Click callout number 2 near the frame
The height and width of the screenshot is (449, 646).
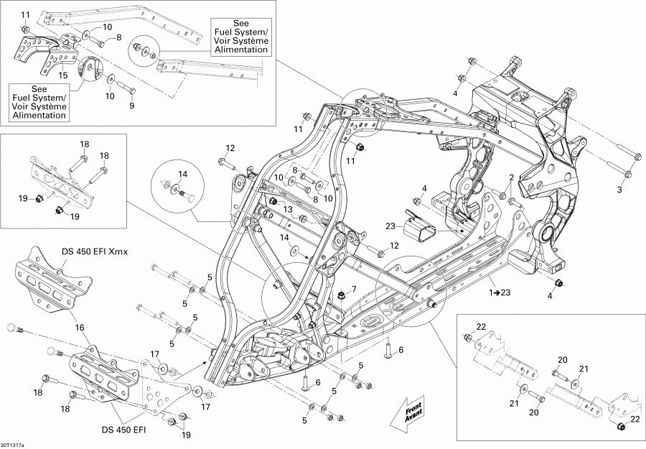(512, 177)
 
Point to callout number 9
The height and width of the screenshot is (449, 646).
(131, 106)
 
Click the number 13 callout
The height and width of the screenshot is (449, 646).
(287, 208)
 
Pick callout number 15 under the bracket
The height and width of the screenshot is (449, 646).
(63, 75)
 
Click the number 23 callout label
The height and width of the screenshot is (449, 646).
(391, 226)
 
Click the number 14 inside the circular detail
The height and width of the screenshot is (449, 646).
(182, 175)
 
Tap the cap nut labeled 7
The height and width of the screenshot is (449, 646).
(343, 296)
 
